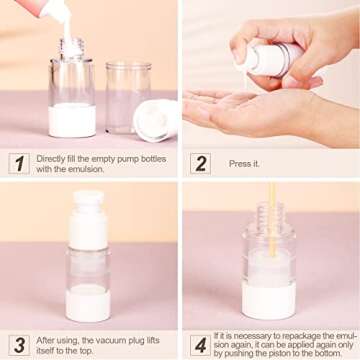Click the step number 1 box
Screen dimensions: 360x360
pos(19,163)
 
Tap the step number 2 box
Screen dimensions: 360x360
pos(200,163)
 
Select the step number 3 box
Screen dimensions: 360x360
pos(19,344)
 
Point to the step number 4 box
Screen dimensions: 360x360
pos(200,344)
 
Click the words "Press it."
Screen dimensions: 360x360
pos(244,163)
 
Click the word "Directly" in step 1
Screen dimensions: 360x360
pos(51,158)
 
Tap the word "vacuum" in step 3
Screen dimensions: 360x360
pos(101,338)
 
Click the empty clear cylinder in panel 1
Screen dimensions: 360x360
pos(127,95)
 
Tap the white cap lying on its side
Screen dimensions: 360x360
pos(157,118)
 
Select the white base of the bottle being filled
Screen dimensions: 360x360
pos(72,119)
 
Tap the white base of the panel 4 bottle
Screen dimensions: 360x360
pos(269,299)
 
